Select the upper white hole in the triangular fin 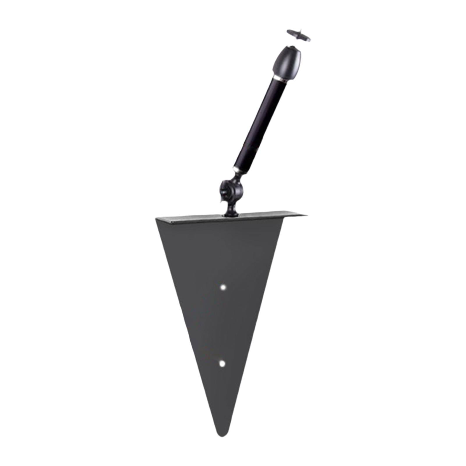(x=223, y=287)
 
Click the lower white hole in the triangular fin (x=223, y=363)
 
